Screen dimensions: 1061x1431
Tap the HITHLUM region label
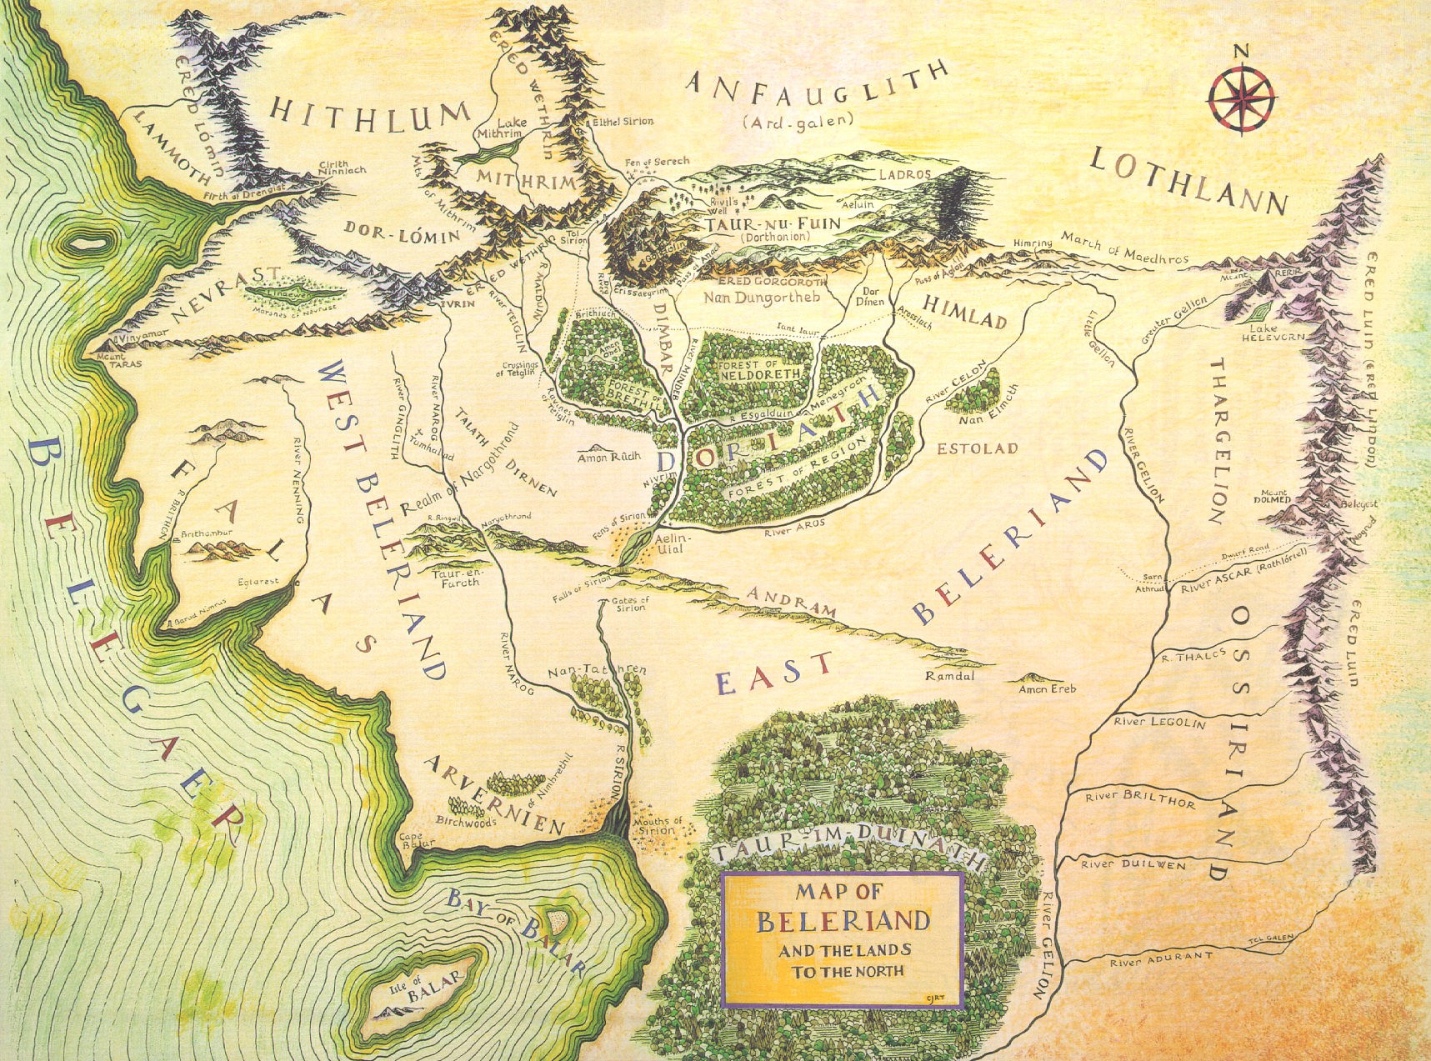pyautogui.click(x=371, y=114)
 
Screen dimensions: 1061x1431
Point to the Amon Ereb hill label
pyautogui.click(x=1048, y=688)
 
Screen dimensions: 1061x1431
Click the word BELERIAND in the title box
pyautogui.click(x=843, y=921)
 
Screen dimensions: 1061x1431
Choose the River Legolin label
pyautogui.click(x=1159, y=722)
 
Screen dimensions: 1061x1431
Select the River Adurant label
pyautogui.click(x=1159, y=959)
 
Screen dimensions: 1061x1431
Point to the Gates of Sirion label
pyautogui.click(x=630, y=603)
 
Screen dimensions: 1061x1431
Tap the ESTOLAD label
pyautogui.click(x=977, y=448)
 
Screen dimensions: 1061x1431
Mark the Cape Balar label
pyautogui.click(x=413, y=840)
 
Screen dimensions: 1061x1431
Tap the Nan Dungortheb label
pyautogui.click(x=762, y=297)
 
